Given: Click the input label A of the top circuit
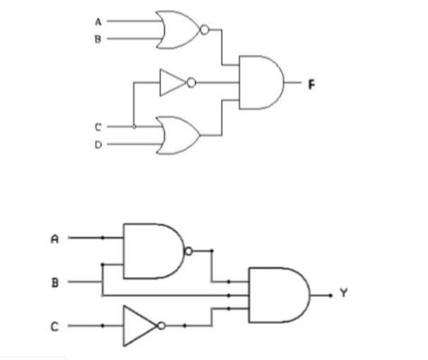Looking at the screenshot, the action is (x=98, y=22).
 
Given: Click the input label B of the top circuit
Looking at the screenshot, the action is (x=98, y=39).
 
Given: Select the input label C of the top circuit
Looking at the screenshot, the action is (x=98, y=127).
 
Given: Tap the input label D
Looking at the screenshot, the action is (x=98, y=145).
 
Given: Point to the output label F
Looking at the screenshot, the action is (x=312, y=85).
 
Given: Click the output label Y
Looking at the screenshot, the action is (x=344, y=292).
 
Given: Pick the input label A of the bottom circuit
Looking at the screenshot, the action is (x=54, y=239).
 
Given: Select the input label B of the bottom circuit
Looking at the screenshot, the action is (x=55, y=283).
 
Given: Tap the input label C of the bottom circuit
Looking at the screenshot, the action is (x=54, y=327).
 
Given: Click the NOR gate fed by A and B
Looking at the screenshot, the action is (x=179, y=30).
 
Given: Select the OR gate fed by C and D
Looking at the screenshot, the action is (x=178, y=135).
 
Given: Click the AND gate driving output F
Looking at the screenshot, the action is (x=261, y=82).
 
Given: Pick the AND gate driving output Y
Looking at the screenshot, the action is (x=279, y=295).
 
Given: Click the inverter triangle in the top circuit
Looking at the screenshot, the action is (x=173, y=82).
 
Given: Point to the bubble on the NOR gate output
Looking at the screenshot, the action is (x=204, y=30).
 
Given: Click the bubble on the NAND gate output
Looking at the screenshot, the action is (x=189, y=251).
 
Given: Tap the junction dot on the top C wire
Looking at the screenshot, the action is (x=135, y=127).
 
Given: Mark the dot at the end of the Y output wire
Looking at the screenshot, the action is (x=330, y=296).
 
